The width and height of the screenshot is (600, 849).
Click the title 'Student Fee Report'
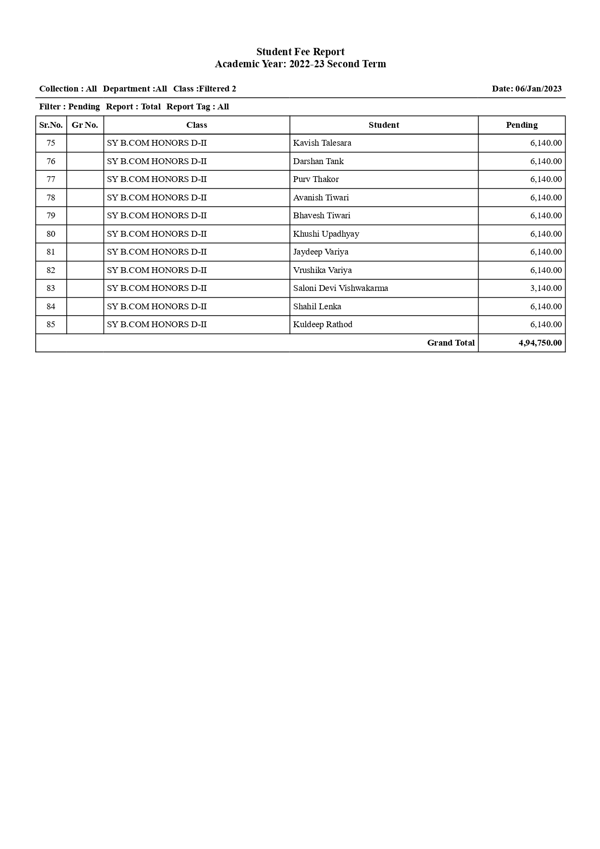click(300, 52)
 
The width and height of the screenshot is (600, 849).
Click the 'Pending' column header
click(522, 125)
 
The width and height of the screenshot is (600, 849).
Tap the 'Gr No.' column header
click(85, 125)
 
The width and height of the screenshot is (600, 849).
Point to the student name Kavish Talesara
click(322, 143)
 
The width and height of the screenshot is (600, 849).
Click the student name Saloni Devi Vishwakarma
click(340, 288)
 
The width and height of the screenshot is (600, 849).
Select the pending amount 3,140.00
click(546, 288)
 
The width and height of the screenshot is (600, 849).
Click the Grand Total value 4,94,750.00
click(540, 343)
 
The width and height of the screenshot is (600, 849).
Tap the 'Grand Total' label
click(450, 343)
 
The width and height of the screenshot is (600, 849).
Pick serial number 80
click(51, 234)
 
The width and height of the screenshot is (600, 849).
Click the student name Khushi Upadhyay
click(326, 234)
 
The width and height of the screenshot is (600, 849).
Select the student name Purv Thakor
click(315, 179)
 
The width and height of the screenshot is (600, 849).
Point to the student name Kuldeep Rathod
click(322, 324)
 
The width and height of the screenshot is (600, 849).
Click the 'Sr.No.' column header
click(51, 125)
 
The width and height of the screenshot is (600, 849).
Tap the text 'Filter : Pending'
click(69, 106)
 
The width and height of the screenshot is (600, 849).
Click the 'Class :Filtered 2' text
click(204, 89)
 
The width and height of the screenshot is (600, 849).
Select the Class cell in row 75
click(157, 143)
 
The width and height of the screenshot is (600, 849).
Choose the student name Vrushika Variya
click(322, 270)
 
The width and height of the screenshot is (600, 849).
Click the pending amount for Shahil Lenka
click(546, 306)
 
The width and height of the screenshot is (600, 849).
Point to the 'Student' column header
click(384, 125)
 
